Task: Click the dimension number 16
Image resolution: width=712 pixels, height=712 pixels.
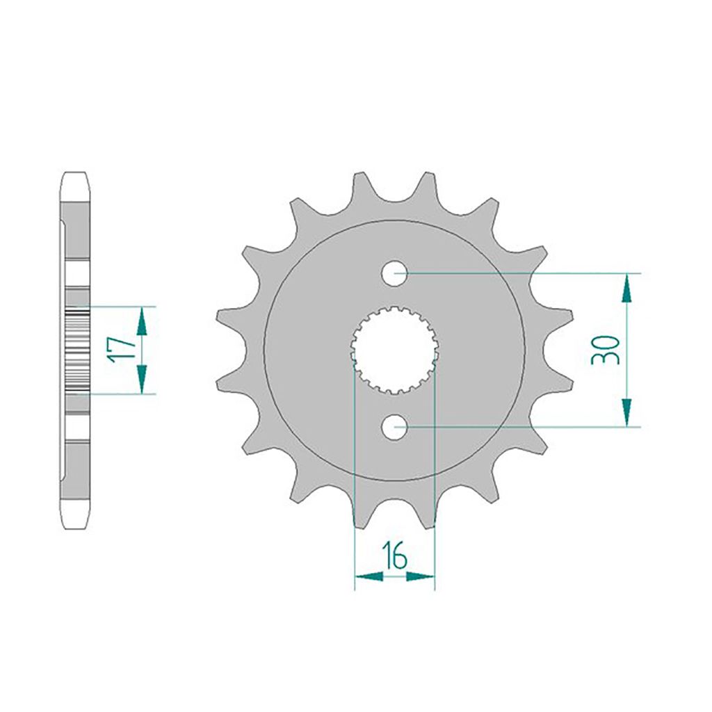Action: point(395,556)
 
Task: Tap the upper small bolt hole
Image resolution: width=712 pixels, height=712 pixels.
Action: point(395,273)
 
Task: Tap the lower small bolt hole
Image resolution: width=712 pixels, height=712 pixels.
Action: point(395,427)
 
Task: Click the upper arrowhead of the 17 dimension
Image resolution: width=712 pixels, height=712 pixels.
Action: point(142,321)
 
